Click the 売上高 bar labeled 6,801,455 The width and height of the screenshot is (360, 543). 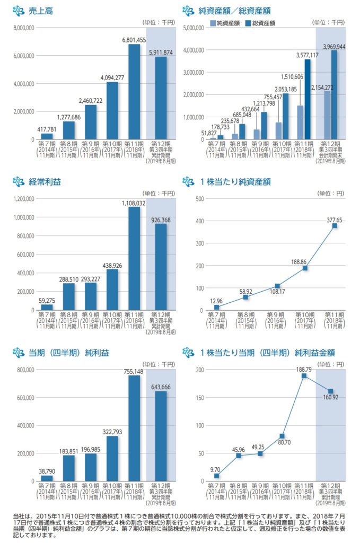coord(134,91)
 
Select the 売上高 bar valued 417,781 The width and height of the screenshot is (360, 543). coord(47,136)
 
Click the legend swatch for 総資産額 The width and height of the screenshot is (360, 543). coord(248,23)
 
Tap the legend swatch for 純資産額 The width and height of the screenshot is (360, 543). coord(213,23)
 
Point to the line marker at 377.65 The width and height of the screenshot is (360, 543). coord(335,226)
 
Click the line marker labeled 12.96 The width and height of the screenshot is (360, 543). coord(216,308)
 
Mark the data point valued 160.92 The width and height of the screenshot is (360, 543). coord(331,391)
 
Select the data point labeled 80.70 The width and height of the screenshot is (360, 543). coord(283,436)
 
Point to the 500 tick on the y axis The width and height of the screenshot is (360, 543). coord(200,199)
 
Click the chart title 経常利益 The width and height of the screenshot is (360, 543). coord(45,182)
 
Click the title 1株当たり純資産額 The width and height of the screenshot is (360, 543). coord(235,182)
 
